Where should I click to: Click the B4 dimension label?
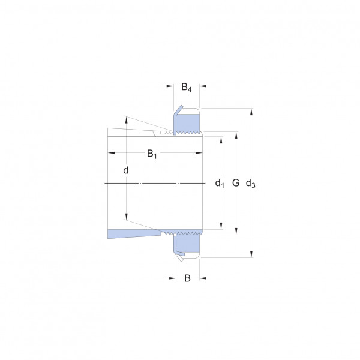coord(187,87)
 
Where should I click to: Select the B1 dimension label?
coord(152,154)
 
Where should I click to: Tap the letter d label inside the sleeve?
coord(126,170)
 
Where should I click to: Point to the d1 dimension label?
coord(220,183)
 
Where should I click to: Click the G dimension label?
coord(236,183)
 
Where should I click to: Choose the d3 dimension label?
coord(250,184)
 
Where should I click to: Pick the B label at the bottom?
coord(188,278)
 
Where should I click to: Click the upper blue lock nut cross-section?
coord(188,124)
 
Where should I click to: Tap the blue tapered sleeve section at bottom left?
coord(134,233)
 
